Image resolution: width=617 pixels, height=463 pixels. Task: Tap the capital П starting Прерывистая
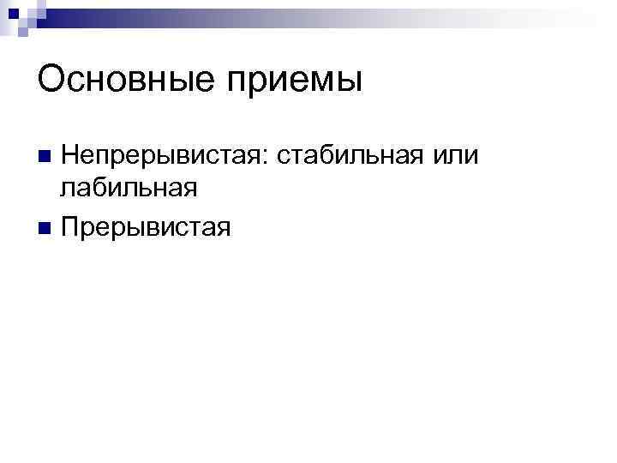tap(70, 227)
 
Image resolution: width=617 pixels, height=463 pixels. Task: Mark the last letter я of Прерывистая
tap(224, 230)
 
